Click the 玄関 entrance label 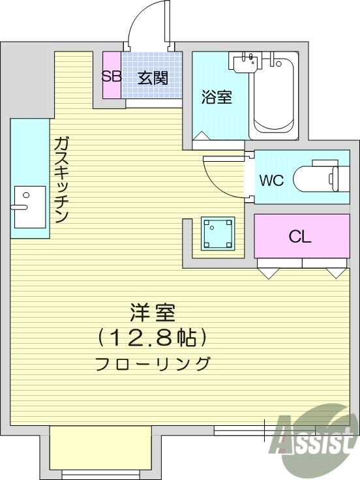[153, 78]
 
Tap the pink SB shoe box [111, 76]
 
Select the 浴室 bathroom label [215, 98]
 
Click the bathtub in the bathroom [273, 98]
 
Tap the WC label [271, 181]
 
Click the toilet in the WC [316, 177]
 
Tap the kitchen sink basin [30, 207]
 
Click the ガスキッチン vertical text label [61, 179]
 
